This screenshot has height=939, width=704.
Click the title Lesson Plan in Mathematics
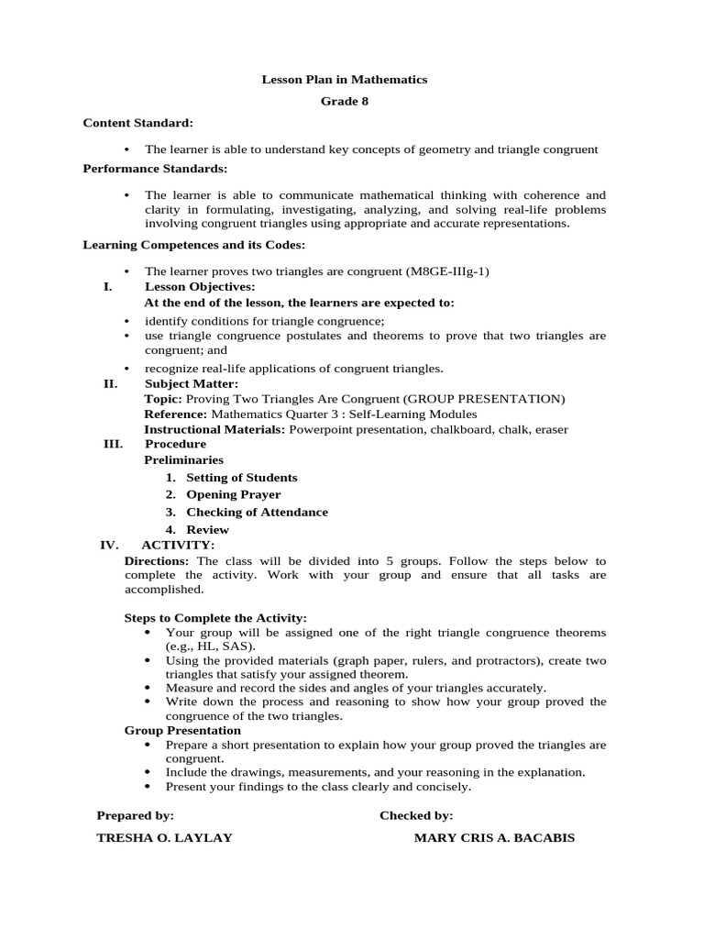click(345, 80)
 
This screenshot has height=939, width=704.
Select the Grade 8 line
click(345, 101)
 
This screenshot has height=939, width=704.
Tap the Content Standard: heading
click(137, 123)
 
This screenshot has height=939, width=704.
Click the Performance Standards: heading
click(155, 169)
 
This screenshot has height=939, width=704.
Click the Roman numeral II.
click(110, 383)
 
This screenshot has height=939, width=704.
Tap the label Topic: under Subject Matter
click(163, 399)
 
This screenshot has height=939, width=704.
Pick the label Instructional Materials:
click(215, 429)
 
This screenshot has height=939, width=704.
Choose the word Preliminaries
click(184, 460)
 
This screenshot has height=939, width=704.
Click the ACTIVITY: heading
click(178, 545)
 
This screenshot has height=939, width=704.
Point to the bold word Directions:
click(157, 560)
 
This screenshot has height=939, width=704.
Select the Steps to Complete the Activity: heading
click(215, 619)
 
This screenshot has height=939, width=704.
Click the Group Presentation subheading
click(182, 731)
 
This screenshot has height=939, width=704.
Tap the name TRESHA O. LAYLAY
click(164, 838)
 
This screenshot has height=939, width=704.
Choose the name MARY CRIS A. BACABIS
click(494, 838)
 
